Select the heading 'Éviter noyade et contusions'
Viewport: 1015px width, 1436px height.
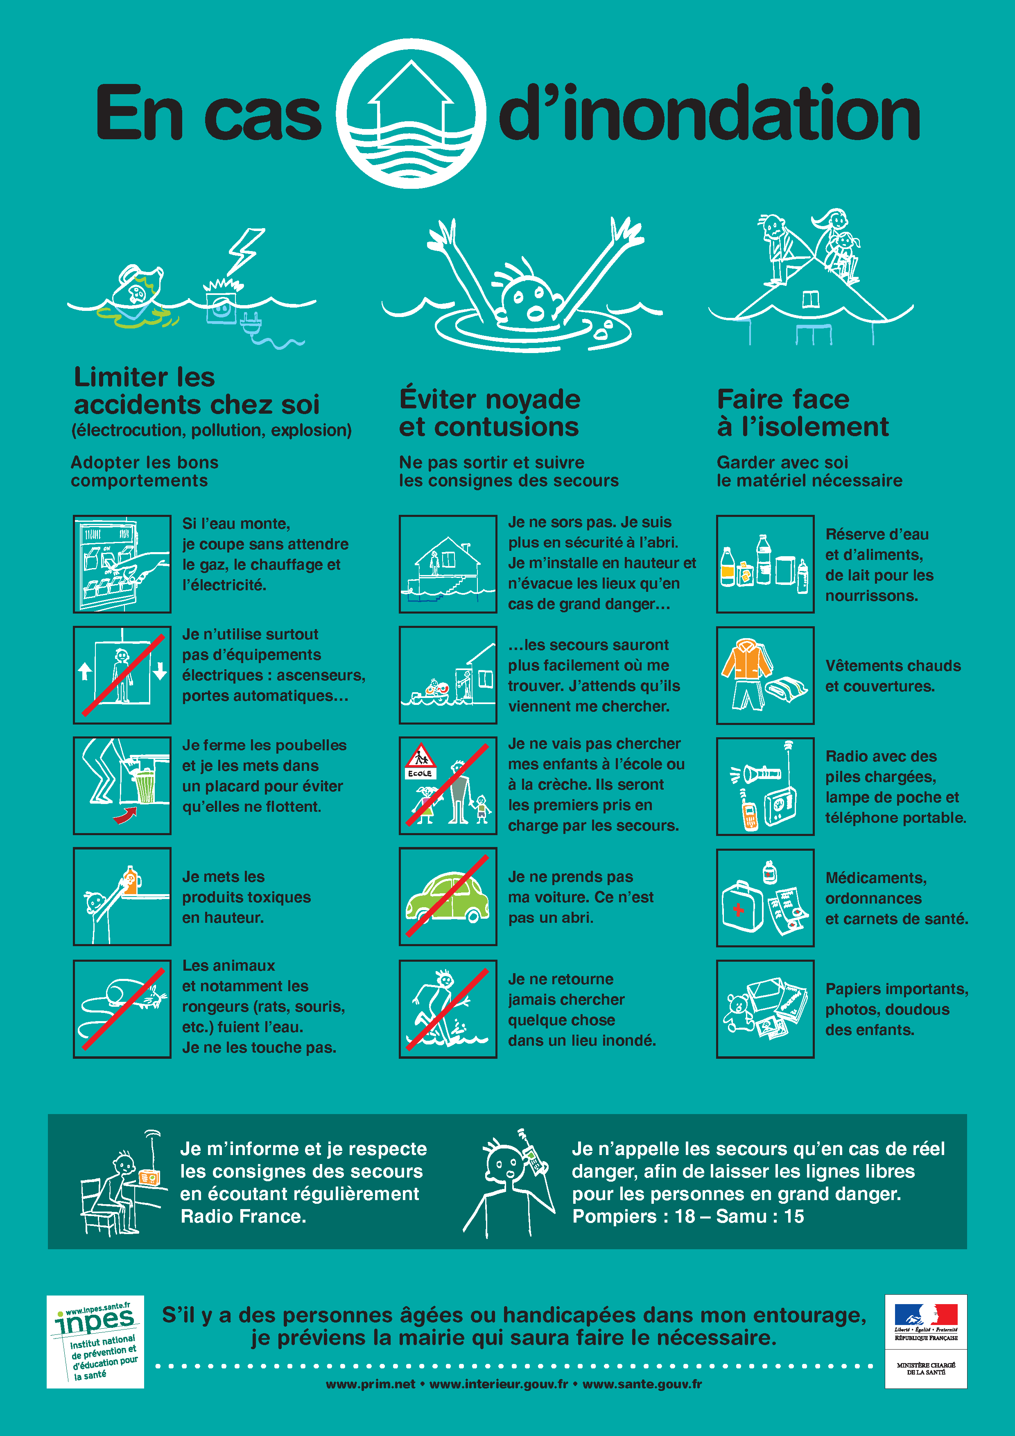[x=490, y=413]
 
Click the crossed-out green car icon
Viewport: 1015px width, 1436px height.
[x=448, y=896]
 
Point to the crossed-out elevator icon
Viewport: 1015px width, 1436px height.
[x=122, y=675]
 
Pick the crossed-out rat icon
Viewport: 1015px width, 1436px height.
[x=122, y=1009]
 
